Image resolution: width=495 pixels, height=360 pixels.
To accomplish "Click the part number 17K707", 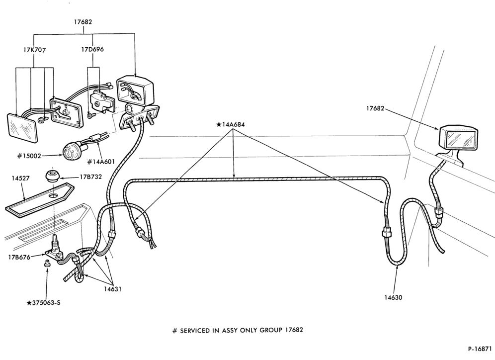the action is [x=34, y=50].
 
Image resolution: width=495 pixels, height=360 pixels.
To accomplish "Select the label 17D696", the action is [x=92, y=49].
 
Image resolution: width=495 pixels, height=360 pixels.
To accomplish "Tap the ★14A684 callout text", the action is [x=231, y=124].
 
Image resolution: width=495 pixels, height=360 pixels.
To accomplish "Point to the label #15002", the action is [x=29, y=156].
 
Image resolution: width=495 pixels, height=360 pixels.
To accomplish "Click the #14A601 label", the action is [x=101, y=162].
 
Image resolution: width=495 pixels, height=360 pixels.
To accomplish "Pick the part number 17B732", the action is [x=90, y=177].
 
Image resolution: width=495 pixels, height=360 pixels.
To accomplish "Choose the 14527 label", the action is [x=20, y=178].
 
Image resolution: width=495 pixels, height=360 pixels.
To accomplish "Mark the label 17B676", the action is [x=19, y=257].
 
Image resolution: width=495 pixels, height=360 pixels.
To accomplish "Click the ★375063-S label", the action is [x=44, y=303].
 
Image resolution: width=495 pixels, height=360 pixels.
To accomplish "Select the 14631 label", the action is [x=112, y=289].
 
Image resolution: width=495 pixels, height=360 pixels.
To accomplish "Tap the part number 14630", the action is [x=393, y=297].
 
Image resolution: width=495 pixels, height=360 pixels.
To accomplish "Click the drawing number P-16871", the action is [x=480, y=349].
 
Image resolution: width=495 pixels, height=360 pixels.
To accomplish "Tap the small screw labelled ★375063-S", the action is [x=47, y=263].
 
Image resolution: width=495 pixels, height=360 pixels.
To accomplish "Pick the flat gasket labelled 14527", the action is [x=40, y=200].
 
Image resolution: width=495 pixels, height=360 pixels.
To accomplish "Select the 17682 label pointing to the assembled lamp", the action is [x=375, y=108].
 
